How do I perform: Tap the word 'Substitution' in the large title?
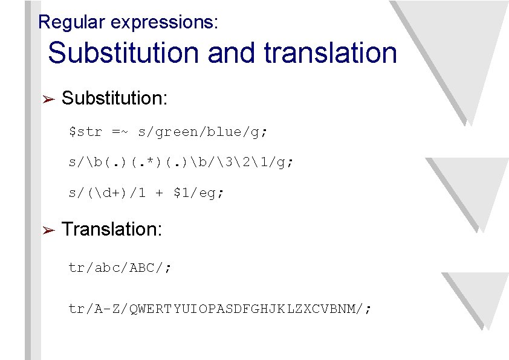tap(124, 53)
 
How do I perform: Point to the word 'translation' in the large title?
tap(331, 53)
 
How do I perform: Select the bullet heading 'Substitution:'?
tap(115, 98)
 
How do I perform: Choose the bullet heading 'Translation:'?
tap(112, 229)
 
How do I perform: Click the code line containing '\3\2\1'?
tap(181, 162)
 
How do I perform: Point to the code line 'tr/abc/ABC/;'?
tap(120, 268)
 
